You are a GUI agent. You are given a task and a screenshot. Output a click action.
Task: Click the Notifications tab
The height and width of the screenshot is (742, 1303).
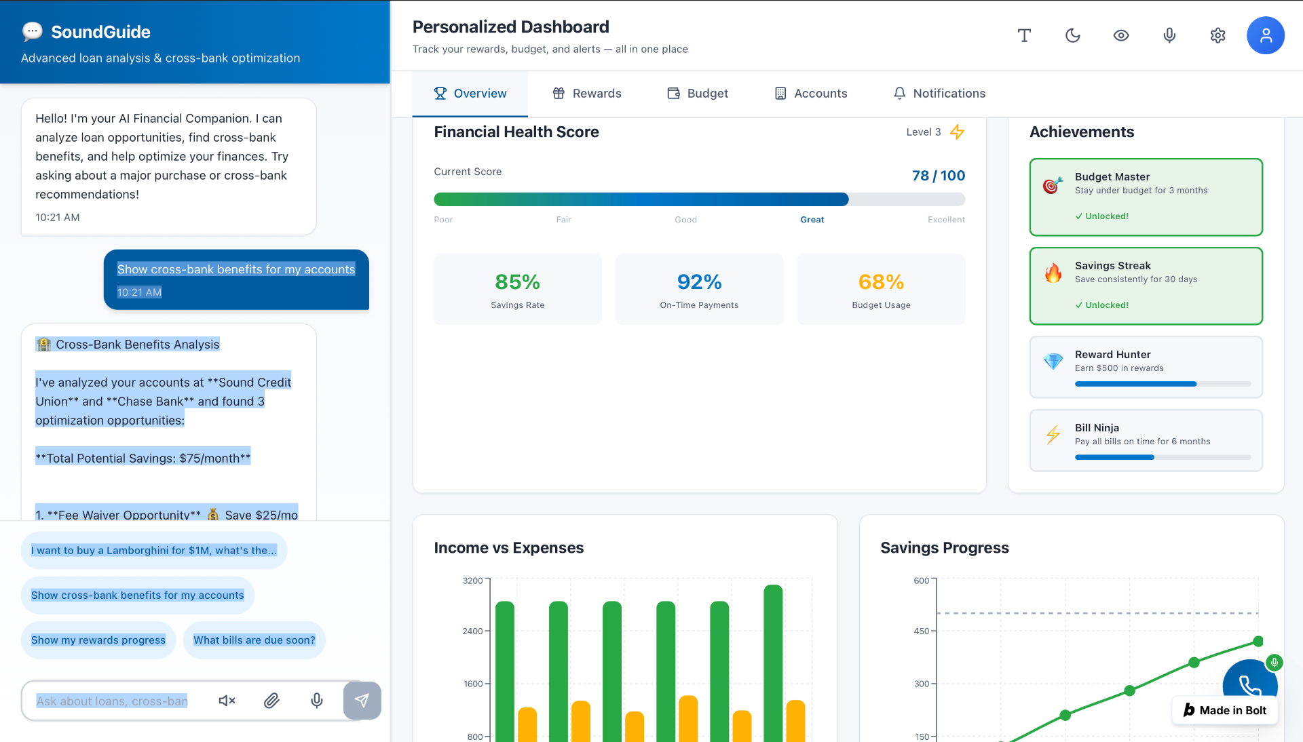(939, 94)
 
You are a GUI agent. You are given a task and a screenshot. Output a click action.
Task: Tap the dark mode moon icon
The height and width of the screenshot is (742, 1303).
(1072, 35)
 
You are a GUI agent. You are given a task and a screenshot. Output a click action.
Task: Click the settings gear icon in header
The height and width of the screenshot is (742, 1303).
(1217, 35)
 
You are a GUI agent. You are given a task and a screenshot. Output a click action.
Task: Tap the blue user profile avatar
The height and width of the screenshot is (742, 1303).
(1265, 35)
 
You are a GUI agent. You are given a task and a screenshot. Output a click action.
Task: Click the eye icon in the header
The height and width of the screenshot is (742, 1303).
(1121, 35)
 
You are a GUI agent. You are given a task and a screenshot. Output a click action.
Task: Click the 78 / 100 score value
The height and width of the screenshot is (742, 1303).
(938, 176)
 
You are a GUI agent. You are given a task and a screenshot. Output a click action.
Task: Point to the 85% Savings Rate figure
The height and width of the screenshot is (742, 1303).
(517, 282)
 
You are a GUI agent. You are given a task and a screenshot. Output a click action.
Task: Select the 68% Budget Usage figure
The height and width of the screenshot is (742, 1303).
(881, 282)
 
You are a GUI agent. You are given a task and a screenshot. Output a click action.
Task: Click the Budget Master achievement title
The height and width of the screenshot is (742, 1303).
(1112, 177)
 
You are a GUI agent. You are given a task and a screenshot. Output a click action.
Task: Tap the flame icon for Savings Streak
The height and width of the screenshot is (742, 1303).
(1053, 273)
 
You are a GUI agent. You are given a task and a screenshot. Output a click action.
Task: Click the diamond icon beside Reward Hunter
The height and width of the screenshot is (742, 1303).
(1053, 362)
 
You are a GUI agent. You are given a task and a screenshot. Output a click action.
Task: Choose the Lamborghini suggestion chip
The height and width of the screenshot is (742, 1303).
(154, 551)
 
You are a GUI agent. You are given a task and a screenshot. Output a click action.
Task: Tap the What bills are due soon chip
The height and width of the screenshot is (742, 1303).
(254, 640)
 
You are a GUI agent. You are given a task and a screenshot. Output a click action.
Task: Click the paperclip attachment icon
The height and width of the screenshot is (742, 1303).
(271, 701)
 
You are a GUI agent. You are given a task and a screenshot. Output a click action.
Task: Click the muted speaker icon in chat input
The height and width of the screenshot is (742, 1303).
(227, 701)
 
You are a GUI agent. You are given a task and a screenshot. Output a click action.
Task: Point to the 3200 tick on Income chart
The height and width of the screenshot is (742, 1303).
(472, 581)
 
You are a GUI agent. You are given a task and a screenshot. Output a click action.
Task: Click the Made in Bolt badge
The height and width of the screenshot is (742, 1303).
(1225, 710)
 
